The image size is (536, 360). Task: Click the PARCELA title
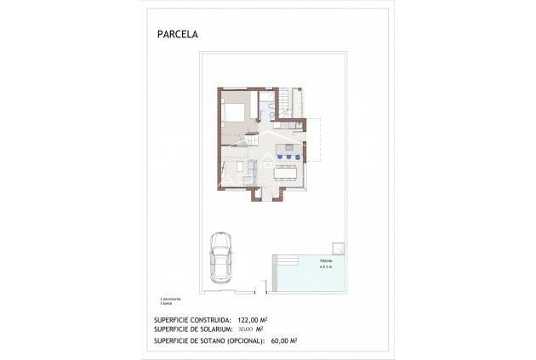pyautogui.click(x=176, y=36)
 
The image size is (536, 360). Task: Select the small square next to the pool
pyautogui.click(x=339, y=249)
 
